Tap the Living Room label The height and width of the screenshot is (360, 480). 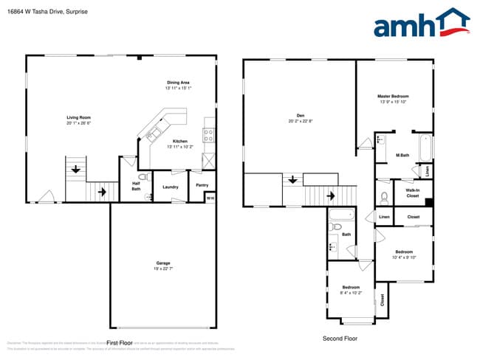click(x=79, y=117)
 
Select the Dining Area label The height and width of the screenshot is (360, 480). click(x=179, y=82)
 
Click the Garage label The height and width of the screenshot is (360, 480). click(x=163, y=263)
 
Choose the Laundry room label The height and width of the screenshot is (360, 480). click(x=171, y=187)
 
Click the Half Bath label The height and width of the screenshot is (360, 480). click(x=136, y=186)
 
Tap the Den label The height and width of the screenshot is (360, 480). click(x=301, y=115)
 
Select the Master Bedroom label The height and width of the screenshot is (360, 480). click(x=393, y=97)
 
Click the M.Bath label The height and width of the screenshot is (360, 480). click(x=402, y=155)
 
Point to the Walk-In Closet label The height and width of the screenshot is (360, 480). click(x=413, y=193)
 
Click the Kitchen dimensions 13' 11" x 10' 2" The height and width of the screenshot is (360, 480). click(x=180, y=147)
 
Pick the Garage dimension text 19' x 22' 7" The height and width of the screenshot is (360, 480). click(x=163, y=269)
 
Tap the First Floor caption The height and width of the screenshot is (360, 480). click(x=119, y=343)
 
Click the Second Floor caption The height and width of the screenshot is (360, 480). click(x=340, y=338)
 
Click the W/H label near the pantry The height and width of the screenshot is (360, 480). click(x=210, y=197)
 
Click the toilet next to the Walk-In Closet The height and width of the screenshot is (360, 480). click(x=385, y=198)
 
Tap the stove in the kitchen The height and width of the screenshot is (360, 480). click(x=209, y=135)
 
